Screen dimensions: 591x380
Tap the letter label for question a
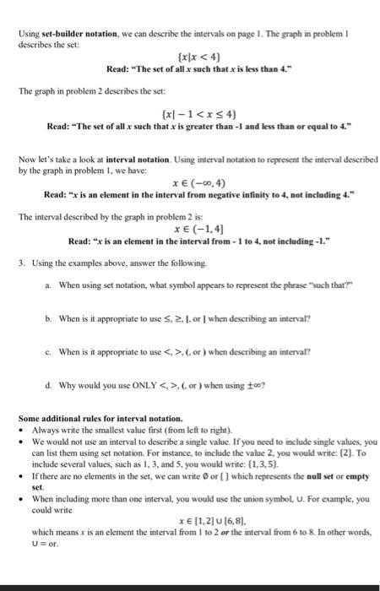(49, 285)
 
